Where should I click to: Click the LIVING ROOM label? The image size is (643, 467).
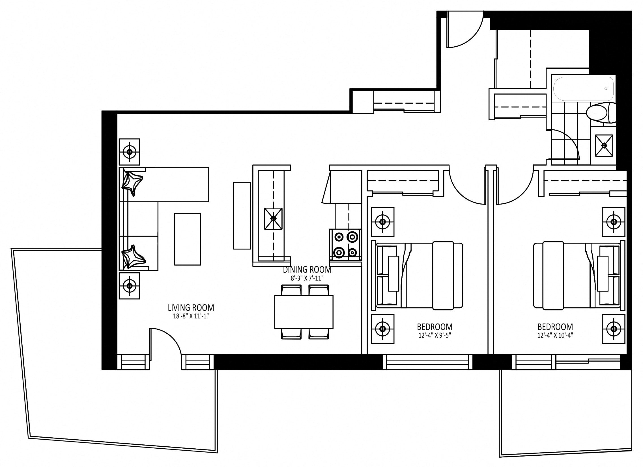[191, 307]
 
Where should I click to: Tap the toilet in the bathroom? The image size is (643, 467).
[601, 113]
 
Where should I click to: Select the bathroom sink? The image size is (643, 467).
[604, 145]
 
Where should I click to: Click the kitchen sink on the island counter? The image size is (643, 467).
[273, 219]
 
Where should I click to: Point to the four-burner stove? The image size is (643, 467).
[345, 244]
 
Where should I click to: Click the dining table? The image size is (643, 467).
[304, 312]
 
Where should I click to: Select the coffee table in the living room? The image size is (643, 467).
[187, 239]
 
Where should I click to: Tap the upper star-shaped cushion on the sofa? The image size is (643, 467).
[132, 183]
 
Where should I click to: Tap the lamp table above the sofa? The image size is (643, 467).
[129, 152]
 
